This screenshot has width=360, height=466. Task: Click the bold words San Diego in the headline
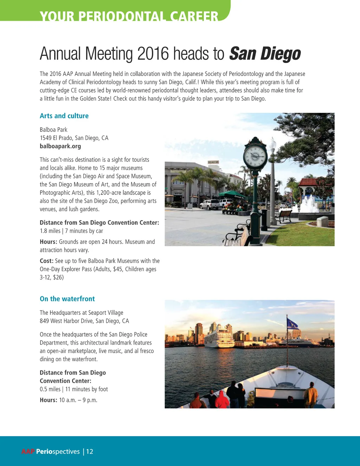click(265, 54)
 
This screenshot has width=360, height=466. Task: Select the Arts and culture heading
click(64, 116)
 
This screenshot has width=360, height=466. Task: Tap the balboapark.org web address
click(60, 146)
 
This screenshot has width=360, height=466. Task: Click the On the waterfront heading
click(67, 299)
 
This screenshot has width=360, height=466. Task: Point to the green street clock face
click(255, 155)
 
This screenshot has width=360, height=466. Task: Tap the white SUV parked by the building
click(210, 204)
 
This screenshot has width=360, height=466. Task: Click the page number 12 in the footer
click(90, 451)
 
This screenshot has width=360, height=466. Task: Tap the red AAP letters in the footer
click(28, 451)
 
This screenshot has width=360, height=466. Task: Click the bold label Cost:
click(47, 261)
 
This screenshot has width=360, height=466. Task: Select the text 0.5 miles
click(50, 389)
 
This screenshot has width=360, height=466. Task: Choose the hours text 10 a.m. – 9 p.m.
click(78, 400)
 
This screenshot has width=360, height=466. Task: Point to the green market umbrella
click(232, 194)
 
